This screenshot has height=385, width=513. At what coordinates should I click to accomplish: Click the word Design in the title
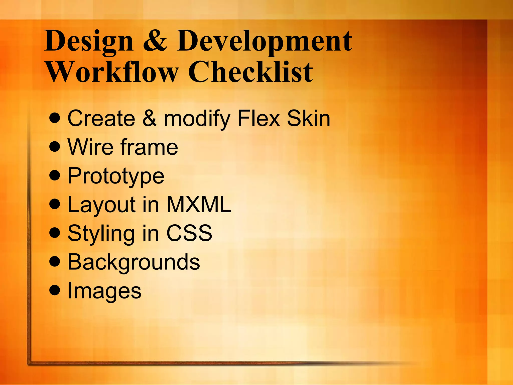click(89, 41)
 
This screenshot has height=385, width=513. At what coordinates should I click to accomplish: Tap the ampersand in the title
click(155, 40)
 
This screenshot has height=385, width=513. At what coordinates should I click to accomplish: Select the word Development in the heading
click(265, 41)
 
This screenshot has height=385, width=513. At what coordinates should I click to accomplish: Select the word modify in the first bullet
click(197, 119)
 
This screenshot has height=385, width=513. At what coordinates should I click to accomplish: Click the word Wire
click(90, 147)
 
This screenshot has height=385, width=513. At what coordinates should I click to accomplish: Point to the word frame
click(149, 147)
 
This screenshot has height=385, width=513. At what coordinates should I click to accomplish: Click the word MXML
click(199, 205)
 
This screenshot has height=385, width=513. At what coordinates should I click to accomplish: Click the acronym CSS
click(189, 233)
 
